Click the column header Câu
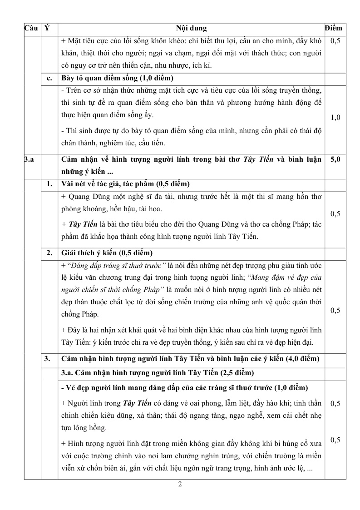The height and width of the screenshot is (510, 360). [30, 28]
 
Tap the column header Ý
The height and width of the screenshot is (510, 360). [47, 28]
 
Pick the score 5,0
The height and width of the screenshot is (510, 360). [335, 159]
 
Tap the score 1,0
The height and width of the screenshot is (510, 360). [335, 118]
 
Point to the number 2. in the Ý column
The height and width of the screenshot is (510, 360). [49, 253]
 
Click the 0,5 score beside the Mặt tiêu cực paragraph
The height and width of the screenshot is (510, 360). [335, 41]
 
